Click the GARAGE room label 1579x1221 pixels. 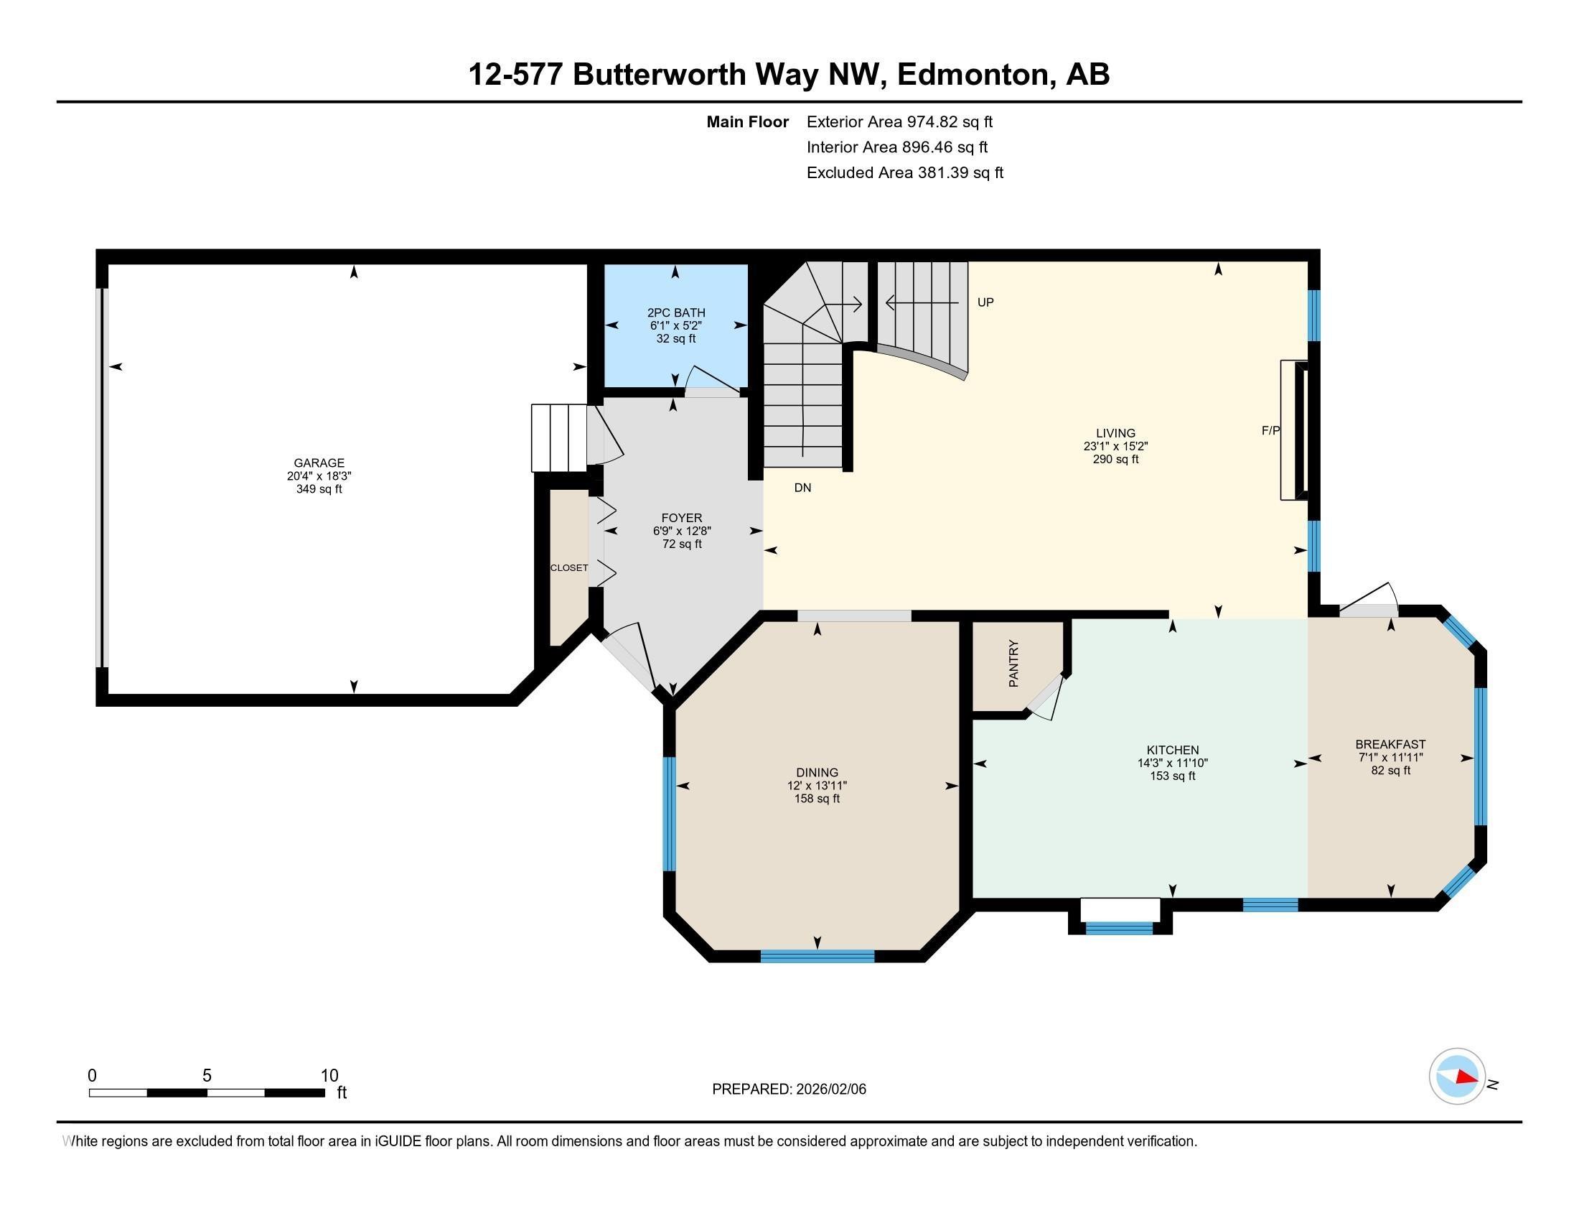319,463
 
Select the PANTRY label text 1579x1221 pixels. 1013,664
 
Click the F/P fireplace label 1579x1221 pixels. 1270,430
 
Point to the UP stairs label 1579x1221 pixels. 985,302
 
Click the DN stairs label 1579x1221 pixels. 802,488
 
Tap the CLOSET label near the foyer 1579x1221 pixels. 569,568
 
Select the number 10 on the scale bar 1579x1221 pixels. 329,1076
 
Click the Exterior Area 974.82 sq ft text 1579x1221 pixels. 899,121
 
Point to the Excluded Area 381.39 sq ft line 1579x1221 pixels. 904,173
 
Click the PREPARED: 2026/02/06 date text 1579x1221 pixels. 789,1090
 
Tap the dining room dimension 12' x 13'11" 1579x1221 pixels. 817,786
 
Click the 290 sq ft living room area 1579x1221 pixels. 1115,460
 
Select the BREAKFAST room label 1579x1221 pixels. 1390,744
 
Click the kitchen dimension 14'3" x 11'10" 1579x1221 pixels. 1172,763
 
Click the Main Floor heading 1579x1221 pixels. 747,121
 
